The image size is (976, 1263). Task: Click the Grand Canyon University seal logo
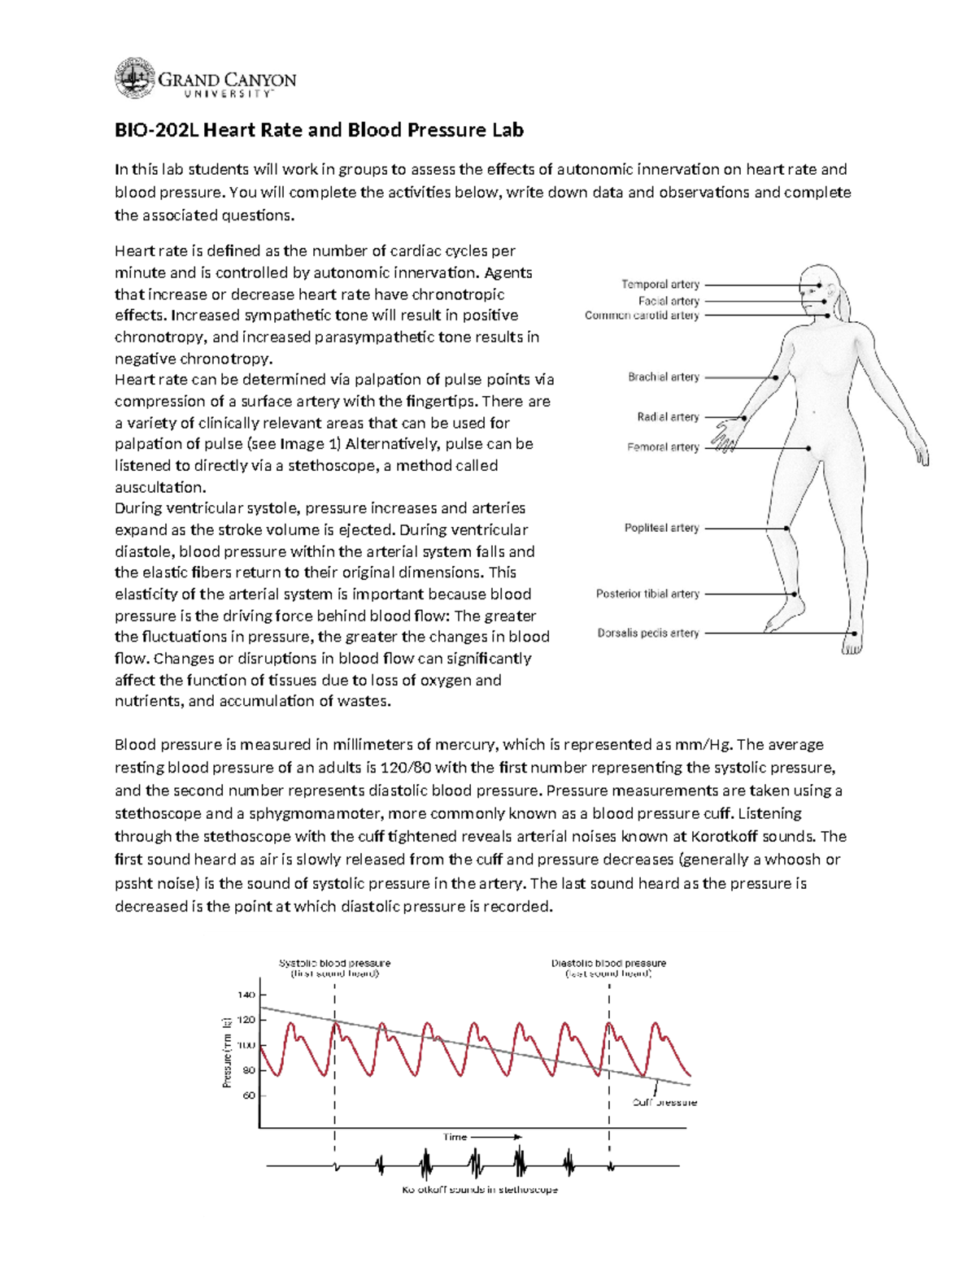point(134,79)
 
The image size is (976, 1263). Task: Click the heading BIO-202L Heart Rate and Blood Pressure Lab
point(319,130)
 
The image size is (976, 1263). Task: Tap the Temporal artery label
point(660,285)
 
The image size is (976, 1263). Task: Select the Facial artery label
point(669,301)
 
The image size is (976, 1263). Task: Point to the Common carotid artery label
point(642,316)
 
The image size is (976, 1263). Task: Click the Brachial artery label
point(663,377)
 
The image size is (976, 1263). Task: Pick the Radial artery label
point(668,417)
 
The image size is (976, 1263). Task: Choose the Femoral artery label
point(663,447)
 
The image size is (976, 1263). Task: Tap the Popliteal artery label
point(661,528)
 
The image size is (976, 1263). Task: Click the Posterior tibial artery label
point(647,594)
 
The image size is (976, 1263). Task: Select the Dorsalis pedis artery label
point(648,634)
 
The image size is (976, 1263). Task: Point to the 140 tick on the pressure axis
point(246,995)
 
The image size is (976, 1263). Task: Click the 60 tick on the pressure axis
point(248,1095)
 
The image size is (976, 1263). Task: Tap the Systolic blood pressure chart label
point(334,964)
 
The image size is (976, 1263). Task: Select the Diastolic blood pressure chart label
point(608,964)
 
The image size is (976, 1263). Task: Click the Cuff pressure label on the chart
point(664,1103)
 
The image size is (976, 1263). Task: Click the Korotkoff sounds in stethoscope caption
point(480,1190)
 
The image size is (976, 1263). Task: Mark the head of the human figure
point(819,289)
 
